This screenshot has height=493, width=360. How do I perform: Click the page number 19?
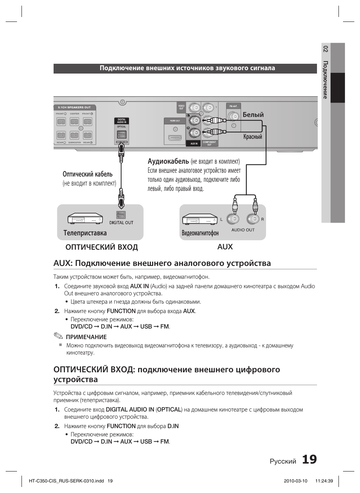pos(309,459)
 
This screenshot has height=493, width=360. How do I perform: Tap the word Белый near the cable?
pos(253,115)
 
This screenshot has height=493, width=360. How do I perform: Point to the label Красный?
pos(252,137)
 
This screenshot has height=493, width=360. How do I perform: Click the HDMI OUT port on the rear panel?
pos(175,138)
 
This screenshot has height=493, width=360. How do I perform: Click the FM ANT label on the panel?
pos(233,106)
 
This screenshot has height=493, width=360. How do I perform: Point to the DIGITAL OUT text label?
pos(121,223)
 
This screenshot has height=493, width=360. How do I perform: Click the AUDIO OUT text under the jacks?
pos(243,230)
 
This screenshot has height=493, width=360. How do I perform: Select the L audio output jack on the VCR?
pos(234,219)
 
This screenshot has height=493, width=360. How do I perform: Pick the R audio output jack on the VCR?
pos(252,219)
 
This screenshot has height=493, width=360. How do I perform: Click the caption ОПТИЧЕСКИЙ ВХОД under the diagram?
pos(102,247)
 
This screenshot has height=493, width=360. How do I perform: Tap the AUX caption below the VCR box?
pos(225,247)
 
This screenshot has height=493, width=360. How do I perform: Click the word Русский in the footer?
pos(283,461)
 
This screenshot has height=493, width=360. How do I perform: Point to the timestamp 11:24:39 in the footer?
pos(324,481)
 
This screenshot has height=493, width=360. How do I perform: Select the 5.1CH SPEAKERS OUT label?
pos(74,108)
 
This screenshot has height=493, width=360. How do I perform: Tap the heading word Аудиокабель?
pos(168,161)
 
